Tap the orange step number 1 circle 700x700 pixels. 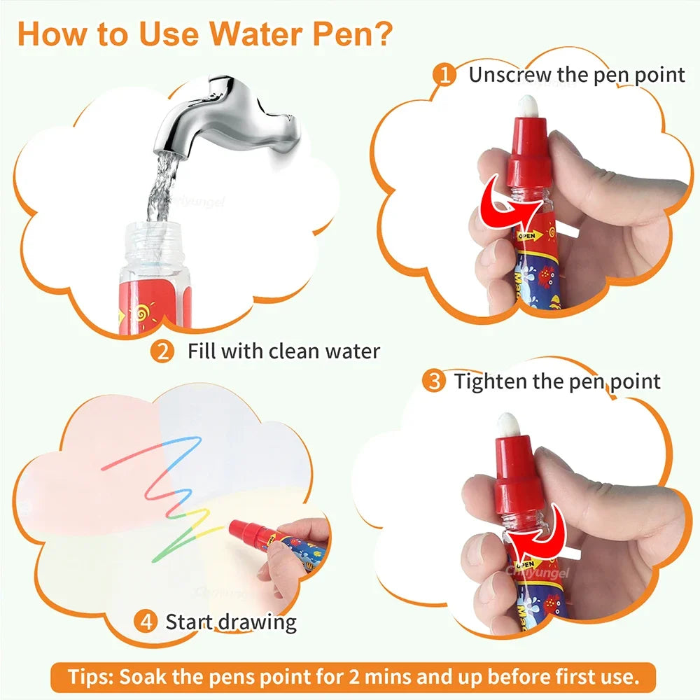[x=444, y=74]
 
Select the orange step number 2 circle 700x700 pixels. [x=162, y=351]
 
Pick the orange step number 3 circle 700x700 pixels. [x=435, y=381]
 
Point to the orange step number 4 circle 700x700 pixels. [x=146, y=621]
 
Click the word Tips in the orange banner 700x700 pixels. [x=92, y=677]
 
